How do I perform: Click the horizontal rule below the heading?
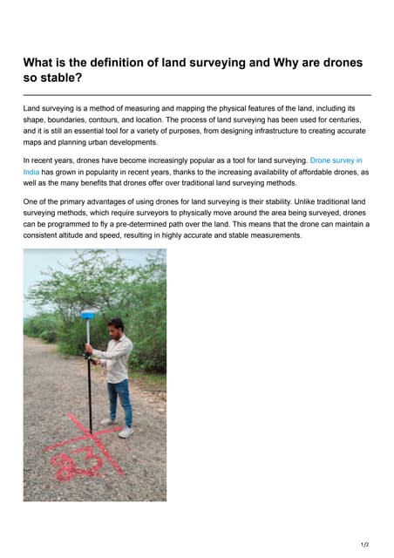tap(197, 94)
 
